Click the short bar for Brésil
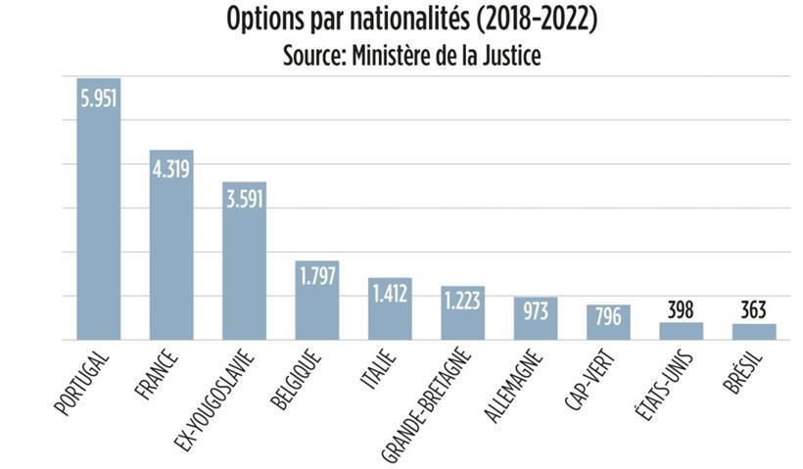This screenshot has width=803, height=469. click(x=754, y=332)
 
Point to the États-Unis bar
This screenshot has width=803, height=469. click(x=682, y=331)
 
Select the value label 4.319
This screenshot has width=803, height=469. click(x=171, y=168)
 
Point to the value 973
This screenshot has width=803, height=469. click(x=536, y=312)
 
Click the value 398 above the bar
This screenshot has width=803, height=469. click(x=682, y=310)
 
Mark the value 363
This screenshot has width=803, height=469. click(x=754, y=311)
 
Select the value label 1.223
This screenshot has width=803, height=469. click(x=462, y=301)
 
